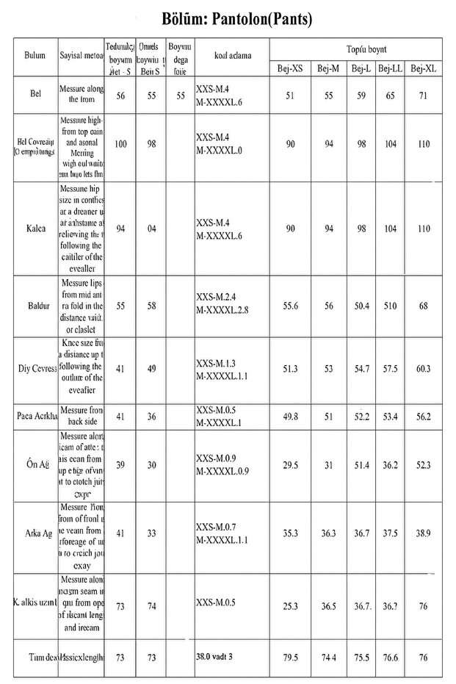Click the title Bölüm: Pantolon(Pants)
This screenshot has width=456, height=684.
(227, 19)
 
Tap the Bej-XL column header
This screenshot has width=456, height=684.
(423, 68)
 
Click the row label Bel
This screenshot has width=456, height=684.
(35, 96)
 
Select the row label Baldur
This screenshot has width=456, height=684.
(35, 306)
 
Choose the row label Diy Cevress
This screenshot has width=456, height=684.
(35, 369)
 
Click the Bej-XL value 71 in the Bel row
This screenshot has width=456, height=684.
(424, 96)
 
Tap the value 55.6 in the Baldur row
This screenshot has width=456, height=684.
(290, 306)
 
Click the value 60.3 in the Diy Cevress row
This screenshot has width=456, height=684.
(424, 369)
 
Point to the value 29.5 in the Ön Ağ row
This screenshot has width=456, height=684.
(290, 466)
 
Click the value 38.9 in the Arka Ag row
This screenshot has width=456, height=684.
(424, 534)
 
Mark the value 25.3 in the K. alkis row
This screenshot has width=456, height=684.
(290, 606)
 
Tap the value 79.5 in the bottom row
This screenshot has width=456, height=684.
(290, 657)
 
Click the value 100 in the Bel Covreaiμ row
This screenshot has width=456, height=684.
(120, 144)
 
